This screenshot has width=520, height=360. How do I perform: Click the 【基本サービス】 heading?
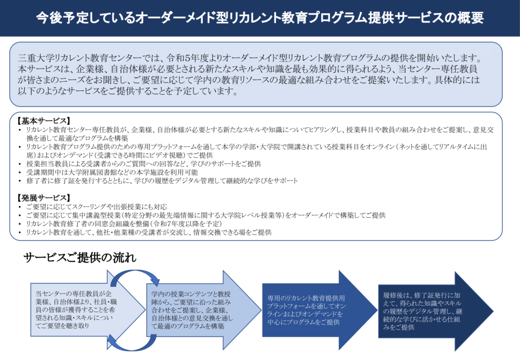point(44,121)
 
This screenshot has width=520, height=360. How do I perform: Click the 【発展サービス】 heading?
point(44,198)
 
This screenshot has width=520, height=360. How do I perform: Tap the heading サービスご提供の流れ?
point(80,257)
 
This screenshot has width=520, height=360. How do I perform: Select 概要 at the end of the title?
point(470,18)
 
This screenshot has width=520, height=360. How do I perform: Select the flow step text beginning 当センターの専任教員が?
point(76,310)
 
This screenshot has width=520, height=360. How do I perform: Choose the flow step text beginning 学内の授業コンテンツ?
point(192,310)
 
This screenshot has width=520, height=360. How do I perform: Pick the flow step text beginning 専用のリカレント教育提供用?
point(307,310)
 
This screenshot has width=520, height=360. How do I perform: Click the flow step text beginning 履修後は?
point(422,311)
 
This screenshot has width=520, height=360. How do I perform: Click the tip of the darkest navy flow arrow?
point(494,311)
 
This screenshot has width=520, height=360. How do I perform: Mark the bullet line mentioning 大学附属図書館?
point(112,172)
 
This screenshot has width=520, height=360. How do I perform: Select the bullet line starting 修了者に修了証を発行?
point(162,181)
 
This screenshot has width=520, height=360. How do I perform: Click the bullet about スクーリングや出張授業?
point(96,207)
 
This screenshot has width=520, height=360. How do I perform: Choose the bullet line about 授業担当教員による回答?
point(144,163)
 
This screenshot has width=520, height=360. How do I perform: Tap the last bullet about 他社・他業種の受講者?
point(149,232)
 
